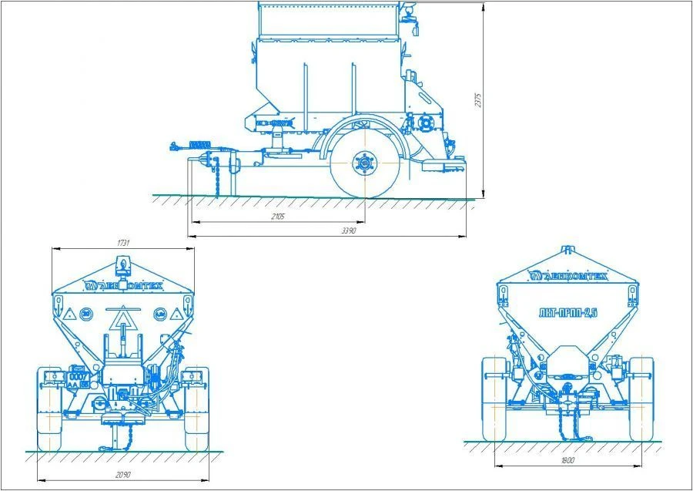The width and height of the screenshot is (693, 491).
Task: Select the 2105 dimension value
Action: pos(278,217)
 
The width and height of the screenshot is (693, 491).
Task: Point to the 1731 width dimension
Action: pos(123,243)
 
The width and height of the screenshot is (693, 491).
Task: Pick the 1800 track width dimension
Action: pos(569,460)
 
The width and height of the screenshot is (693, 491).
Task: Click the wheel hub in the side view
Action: pos(362,164)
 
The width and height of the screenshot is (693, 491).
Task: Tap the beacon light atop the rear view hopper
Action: pos(122,267)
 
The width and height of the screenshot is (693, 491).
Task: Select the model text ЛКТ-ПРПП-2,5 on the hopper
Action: pos(568,311)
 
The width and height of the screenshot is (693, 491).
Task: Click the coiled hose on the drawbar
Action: pos(199,145)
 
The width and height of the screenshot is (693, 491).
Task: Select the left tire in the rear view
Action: pos(49,409)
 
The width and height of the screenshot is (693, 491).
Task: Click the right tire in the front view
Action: pos(641,399)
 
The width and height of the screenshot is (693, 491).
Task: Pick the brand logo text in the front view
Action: pos(568,276)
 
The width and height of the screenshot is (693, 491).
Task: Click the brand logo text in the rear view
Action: pos(123,284)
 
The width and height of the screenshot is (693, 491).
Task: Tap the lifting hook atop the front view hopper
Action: pos(568,250)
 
